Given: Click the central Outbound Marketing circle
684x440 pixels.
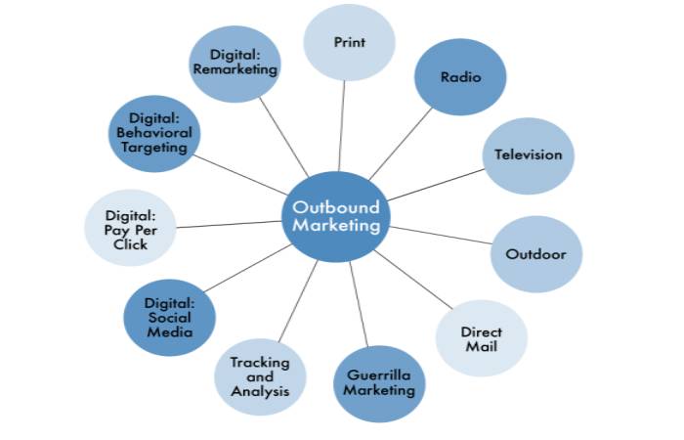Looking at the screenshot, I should tap(335, 216).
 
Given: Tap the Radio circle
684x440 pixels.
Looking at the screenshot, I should tap(460, 77).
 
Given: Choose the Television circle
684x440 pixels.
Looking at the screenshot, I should tap(529, 154).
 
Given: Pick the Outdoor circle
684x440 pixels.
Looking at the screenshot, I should tap(535, 254).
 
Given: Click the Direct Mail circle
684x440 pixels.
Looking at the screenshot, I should tap(481, 338).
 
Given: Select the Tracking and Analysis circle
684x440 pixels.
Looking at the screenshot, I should tap(260, 376).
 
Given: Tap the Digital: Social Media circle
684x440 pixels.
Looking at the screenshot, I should tap(170, 317).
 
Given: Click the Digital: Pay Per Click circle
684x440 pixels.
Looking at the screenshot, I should tap(130, 228).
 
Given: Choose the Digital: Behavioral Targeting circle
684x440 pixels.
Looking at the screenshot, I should tap(154, 133).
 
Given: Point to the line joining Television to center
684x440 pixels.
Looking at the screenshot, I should tap(435, 184).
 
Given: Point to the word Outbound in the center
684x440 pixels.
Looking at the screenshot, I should tap(335, 207).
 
